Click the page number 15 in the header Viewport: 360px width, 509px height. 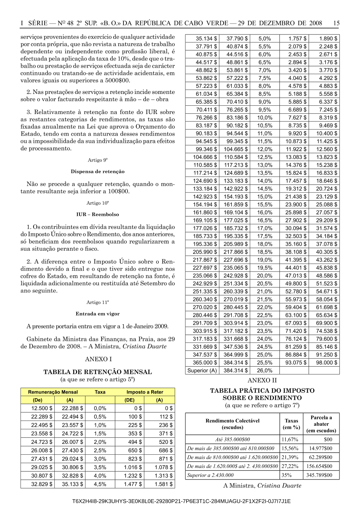pos(336,23)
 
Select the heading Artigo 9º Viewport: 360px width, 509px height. pos(98,160)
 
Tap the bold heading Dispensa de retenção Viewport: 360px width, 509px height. pos(98,172)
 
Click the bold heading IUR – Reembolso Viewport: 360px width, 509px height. pos(98,214)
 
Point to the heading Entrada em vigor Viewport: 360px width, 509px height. pos(98,314)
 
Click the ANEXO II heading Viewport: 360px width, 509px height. pos(262,380)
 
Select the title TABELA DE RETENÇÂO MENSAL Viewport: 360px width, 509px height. pos(98,372)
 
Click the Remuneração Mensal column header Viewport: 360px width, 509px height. pos(53,392)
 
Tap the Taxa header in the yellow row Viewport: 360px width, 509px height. pos(100,392)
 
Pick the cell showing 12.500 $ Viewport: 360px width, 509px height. pos(41,408)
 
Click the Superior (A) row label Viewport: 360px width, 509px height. pos(202,371)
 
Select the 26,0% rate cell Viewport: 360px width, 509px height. pos(265,371)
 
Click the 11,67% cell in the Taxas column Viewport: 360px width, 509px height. pos(290,439)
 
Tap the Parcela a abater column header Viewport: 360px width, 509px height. pos(321,424)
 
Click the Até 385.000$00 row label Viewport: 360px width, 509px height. pos(233,439)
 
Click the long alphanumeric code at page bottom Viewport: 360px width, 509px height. pos(181,501)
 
